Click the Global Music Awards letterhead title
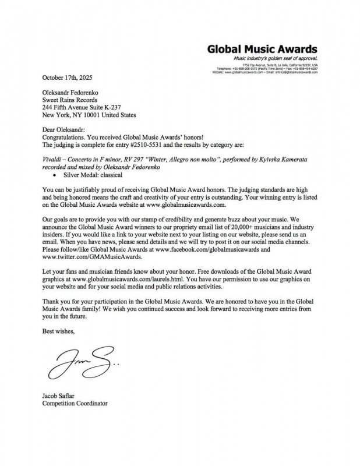[262, 49]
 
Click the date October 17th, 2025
[67, 77]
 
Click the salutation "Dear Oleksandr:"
[63, 130]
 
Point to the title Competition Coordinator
[75, 403]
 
